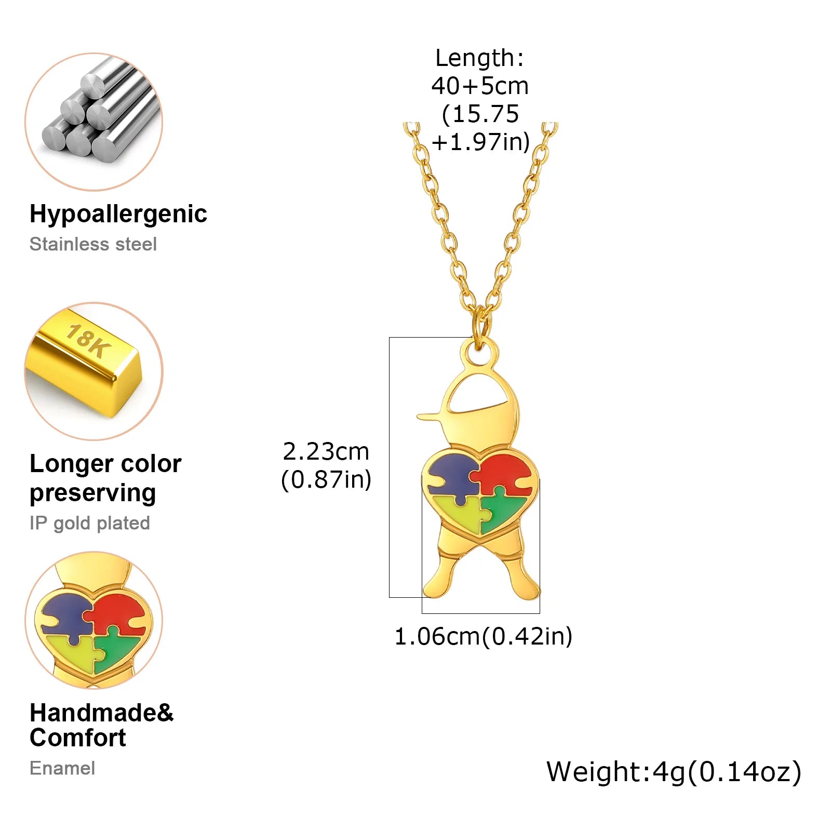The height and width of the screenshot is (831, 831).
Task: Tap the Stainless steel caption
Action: [93, 244]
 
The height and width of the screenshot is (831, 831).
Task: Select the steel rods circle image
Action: [94, 122]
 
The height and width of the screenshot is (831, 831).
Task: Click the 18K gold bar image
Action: [94, 371]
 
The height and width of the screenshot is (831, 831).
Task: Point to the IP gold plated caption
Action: [90, 524]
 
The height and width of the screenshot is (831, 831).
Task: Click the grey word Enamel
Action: [62, 768]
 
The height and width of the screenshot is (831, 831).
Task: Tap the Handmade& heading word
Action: [102, 713]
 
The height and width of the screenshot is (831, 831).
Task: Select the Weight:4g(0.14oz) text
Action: [674, 772]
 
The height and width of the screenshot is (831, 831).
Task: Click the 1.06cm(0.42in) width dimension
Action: [484, 637]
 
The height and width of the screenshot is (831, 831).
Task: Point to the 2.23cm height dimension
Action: [326, 451]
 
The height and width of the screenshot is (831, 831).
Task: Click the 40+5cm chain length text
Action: [480, 86]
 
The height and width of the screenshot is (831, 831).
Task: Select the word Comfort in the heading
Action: [78, 738]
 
